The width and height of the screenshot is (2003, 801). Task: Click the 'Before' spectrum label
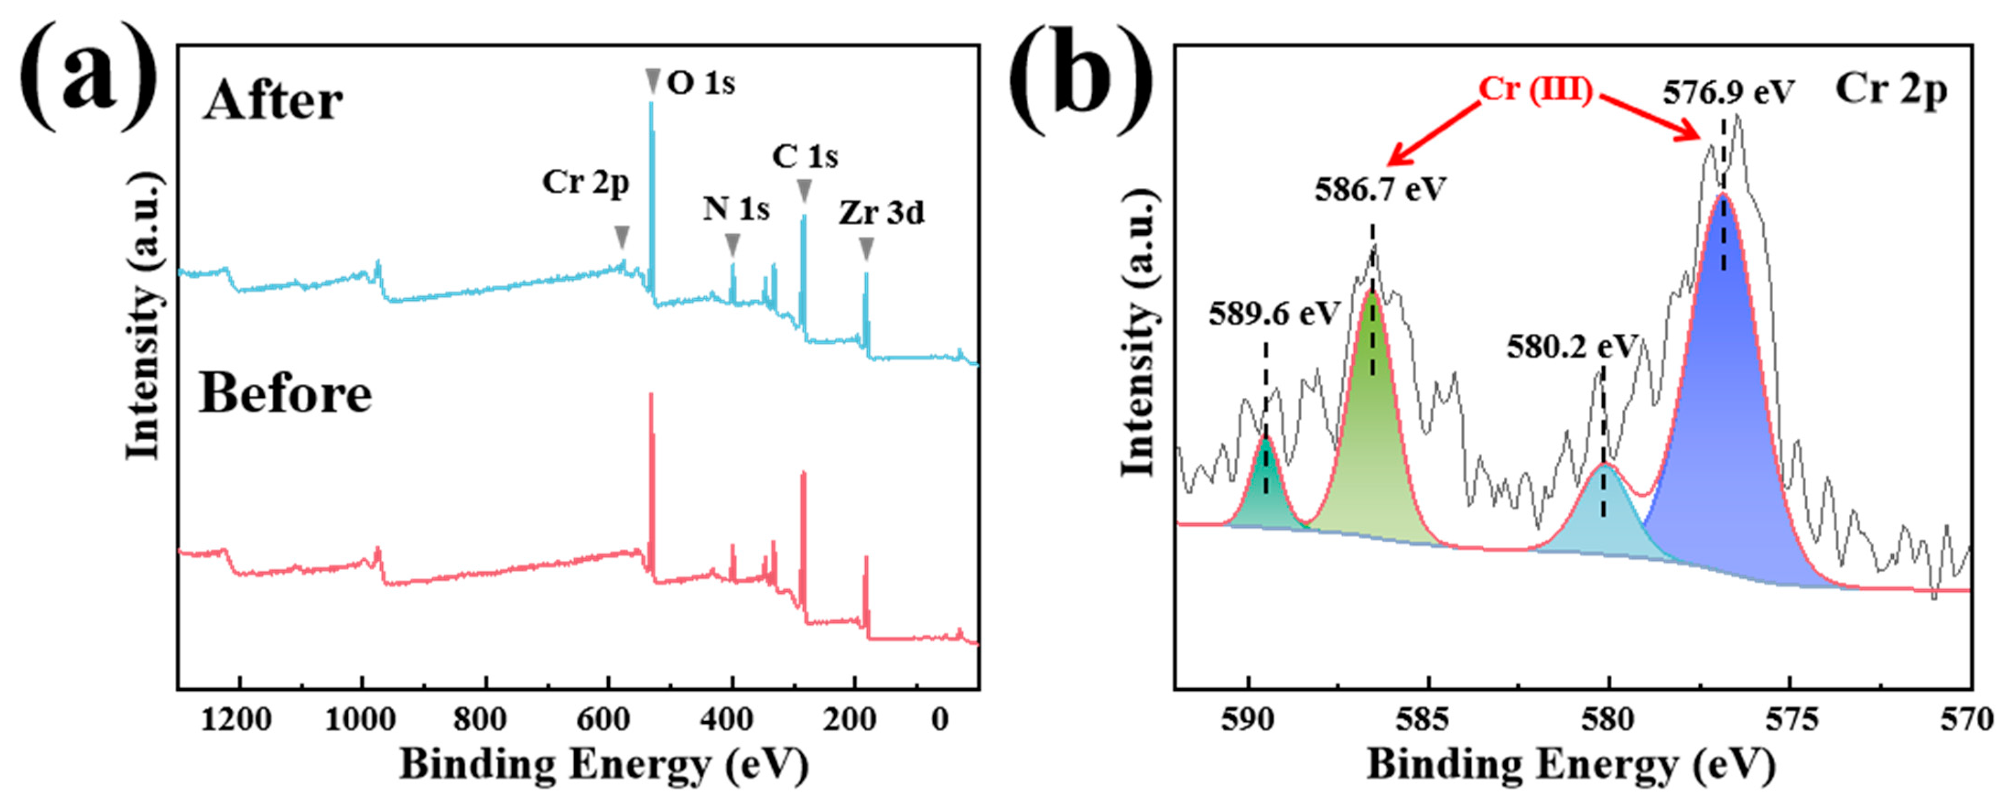click(286, 394)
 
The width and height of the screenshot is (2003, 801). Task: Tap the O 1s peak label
click(700, 82)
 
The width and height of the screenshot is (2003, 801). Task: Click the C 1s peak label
click(805, 157)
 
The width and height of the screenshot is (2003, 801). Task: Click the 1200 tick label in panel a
click(237, 720)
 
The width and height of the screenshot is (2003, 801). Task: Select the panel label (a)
click(87, 78)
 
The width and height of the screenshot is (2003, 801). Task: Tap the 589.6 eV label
click(1274, 314)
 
